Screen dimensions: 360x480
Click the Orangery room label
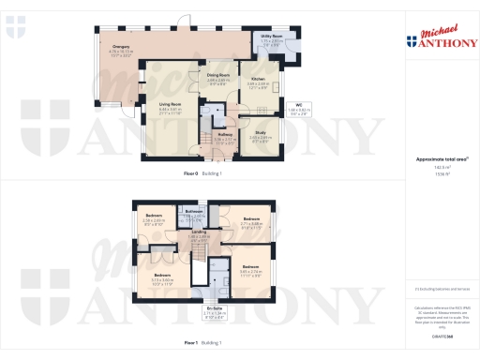point(121,46)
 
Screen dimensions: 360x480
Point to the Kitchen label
point(258,79)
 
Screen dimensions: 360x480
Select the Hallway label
point(225,135)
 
